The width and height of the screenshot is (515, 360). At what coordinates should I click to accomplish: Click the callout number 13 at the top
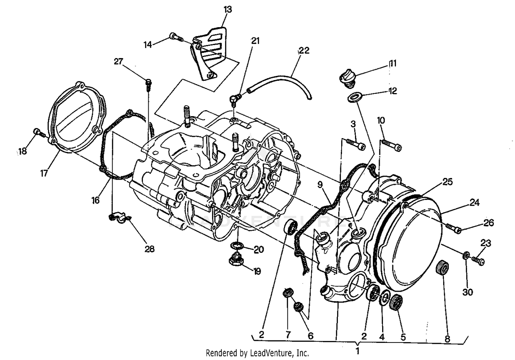point(228,9)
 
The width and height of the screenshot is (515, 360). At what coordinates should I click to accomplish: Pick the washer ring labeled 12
point(354,97)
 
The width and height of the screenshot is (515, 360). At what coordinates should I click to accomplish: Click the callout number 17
point(44,173)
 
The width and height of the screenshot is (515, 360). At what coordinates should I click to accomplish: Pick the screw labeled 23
point(478,261)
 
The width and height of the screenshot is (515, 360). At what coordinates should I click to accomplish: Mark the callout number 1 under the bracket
point(357,351)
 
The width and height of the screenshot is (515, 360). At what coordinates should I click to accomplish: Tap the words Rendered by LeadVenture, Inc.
point(257,353)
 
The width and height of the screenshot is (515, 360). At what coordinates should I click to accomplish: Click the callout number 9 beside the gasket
point(320,185)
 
